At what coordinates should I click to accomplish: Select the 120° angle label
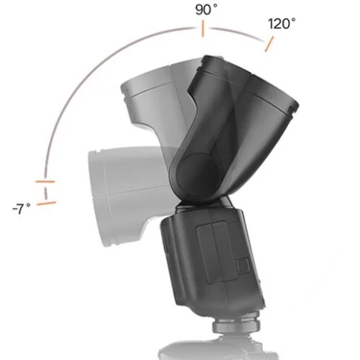coord(282,24)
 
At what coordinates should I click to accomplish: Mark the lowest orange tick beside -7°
coord(47,199)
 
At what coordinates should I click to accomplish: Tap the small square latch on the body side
coord(241,265)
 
